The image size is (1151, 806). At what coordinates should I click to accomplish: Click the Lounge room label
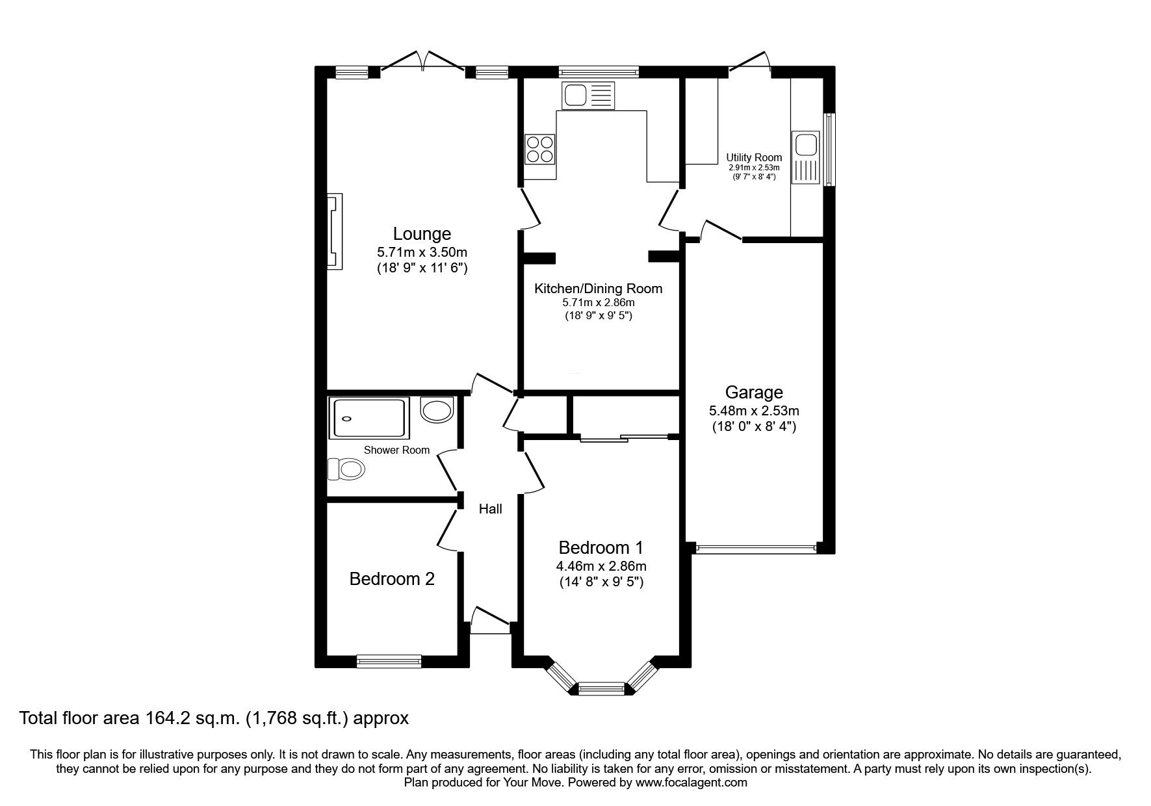coord(422,233)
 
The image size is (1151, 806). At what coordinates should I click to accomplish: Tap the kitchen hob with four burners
coord(539,149)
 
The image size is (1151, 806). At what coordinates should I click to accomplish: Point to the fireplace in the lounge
coord(334,231)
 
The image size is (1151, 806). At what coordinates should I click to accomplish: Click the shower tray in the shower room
coord(369,419)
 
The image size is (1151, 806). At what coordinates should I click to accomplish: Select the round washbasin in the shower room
coord(437,409)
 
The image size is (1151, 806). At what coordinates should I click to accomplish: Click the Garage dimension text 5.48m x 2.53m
coord(754,411)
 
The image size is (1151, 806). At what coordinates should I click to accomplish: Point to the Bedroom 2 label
coord(392,578)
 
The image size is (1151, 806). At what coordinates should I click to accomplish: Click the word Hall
coord(490,509)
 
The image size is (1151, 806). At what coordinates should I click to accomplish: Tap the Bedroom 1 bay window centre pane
coord(601,688)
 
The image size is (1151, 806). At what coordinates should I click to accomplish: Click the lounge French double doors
coord(422,62)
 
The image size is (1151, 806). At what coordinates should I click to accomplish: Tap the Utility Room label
coord(754,157)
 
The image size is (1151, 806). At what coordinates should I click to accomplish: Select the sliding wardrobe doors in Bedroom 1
coord(624,438)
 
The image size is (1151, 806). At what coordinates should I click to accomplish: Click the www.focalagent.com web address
coord(692,783)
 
